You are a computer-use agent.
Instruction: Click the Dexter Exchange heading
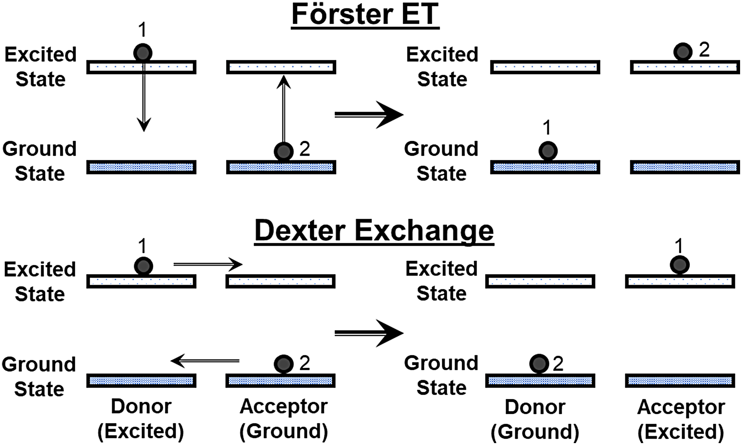tap(374, 231)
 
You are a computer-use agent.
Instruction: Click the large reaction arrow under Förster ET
tap(369, 114)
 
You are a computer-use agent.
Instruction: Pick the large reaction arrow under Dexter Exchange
tap(369, 333)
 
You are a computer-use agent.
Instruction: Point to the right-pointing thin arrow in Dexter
tap(208, 264)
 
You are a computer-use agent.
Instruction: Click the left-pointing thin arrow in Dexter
tap(205, 361)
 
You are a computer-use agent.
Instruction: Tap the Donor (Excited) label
tap(141, 419)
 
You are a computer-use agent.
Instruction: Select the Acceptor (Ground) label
tap(283, 419)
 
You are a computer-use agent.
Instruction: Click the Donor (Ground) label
tap(535, 419)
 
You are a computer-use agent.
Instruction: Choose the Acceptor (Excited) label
tap(681, 419)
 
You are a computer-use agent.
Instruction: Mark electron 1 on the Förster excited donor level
tap(143, 53)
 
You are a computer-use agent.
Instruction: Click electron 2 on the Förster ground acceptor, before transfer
tap(283, 151)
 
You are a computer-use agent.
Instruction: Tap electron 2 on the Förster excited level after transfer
tap(682, 52)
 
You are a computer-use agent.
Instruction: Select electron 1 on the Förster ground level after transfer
tap(548, 151)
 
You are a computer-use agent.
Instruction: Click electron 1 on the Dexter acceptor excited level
tap(679, 265)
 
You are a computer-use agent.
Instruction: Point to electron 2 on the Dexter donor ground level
tap(539, 364)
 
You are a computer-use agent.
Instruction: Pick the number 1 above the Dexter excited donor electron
tap(142, 246)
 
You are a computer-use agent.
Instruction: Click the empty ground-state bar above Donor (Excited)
tap(141, 381)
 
